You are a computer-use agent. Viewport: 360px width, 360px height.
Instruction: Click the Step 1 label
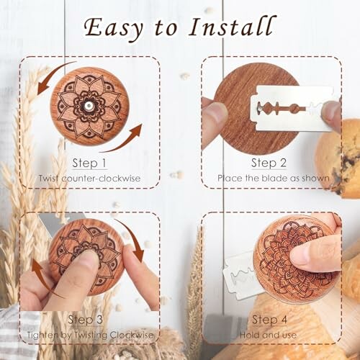click(x=89, y=163)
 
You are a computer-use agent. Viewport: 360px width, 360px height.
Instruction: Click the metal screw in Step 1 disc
click(x=87, y=105)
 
